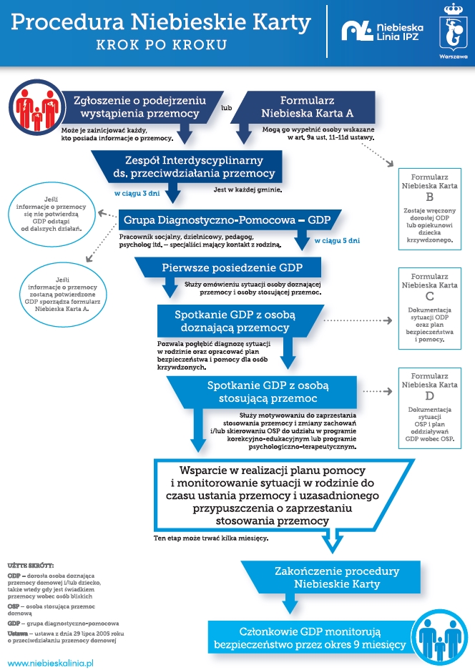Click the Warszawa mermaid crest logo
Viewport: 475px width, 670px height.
click(454, 31)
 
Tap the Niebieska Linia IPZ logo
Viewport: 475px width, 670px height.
click(382, 31)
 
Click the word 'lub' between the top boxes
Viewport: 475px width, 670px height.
click(227, 108)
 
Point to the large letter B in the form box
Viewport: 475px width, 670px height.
click(430, 197)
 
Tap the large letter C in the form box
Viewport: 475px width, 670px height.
click(430, 296)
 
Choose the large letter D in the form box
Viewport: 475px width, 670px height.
click(430, 395)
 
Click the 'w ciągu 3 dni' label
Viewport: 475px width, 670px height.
click(137, 194)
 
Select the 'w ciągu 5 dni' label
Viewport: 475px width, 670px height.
click(337, 240)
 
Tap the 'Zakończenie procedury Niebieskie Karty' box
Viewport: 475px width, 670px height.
click(331, 577)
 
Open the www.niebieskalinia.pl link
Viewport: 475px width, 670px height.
click(51, 663)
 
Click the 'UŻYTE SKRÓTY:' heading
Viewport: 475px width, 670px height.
click(31, 566)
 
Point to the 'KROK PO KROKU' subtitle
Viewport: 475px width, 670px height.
click(162, 45)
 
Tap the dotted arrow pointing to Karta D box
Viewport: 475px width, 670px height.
click(378, 391)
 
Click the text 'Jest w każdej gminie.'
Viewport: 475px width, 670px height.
click(248, 189)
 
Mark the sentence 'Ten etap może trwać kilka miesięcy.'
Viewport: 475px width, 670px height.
click(211, 538)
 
